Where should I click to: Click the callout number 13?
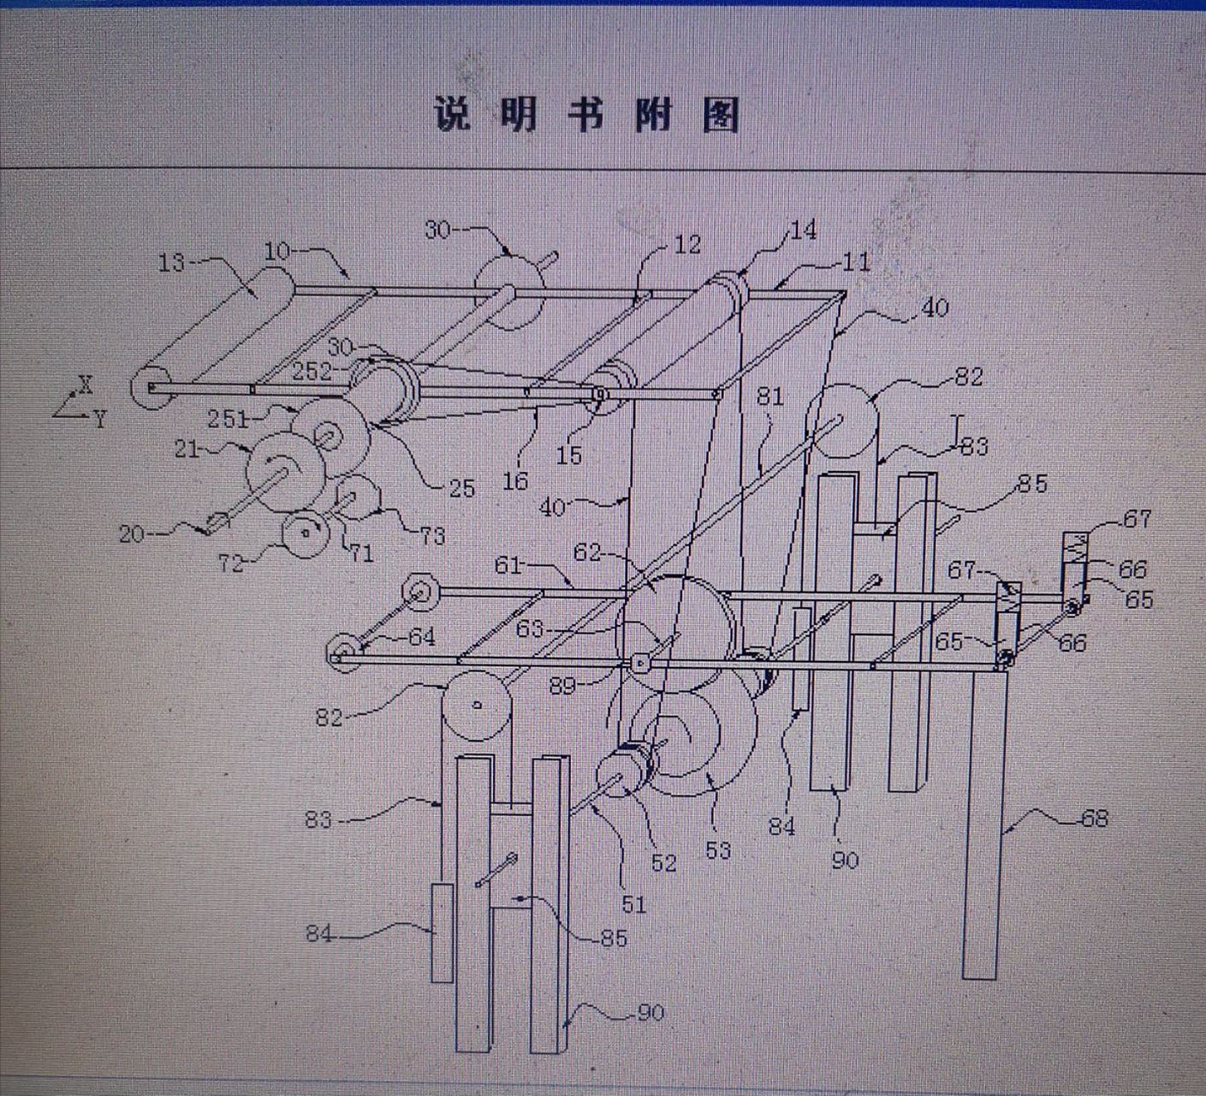click(x=171, y=261)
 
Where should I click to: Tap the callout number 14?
click(x=803, y=230)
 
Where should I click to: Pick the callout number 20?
click(x=132, y=534)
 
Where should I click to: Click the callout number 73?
click(x=432, y=536)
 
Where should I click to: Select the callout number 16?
click(x=514, y=481)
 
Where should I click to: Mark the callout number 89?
click(x=561, y=686)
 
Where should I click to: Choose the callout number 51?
click(x=633, y=903)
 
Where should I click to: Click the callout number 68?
click(x=1094, y=819)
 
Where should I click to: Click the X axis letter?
click(x=86, y=385)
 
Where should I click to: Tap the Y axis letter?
click(x=100, y=420)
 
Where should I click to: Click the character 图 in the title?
click(x=720, y=115)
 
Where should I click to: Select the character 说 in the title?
click(x=452, y=115)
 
